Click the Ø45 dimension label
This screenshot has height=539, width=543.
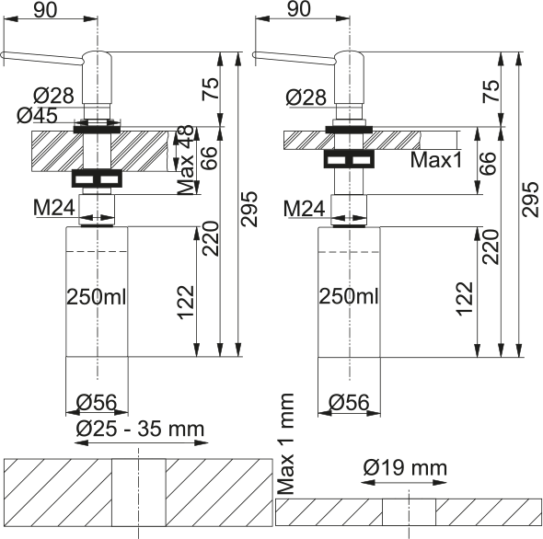37,115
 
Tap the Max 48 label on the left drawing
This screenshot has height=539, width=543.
185,160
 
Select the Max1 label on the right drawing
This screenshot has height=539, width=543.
436,160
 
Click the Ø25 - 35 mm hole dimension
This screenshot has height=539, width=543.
140,430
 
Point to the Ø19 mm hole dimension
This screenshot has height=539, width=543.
405,468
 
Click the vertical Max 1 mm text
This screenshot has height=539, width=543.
286,444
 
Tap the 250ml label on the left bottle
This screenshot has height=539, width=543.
97,297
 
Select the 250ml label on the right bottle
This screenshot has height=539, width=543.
349,297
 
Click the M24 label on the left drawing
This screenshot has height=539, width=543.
54,208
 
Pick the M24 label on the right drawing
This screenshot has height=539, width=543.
304,209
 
